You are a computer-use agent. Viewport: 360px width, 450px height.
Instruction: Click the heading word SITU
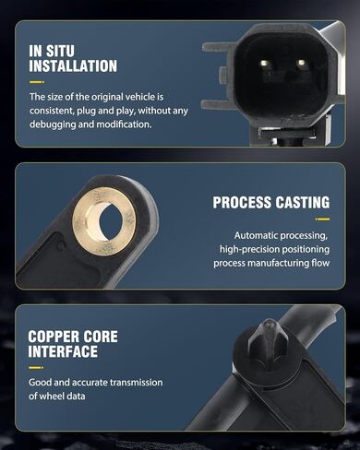point(59,51)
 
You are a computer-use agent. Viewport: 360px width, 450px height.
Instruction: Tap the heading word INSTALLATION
point(73,66)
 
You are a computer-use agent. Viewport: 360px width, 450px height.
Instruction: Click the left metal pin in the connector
point(265,64)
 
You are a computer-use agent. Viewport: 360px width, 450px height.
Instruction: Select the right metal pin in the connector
point(301,63)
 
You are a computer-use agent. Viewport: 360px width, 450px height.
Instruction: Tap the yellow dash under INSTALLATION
point(37,82)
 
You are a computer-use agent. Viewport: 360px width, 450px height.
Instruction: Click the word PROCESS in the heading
point(242,203)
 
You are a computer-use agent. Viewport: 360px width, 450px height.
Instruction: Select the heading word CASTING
point(303,203)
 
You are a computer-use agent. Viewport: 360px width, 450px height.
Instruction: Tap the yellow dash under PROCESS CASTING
point(322,219)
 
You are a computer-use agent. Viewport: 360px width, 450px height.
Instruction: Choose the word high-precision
point(246,249)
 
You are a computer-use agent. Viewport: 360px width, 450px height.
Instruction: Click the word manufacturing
point(274,263)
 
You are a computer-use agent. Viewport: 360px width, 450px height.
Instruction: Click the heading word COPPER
point(50,337)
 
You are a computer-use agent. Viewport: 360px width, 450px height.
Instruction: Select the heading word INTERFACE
point(63,351)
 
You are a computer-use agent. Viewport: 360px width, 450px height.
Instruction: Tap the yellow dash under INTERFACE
point(36,368)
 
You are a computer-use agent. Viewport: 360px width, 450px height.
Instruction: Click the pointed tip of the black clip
point(269,321)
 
